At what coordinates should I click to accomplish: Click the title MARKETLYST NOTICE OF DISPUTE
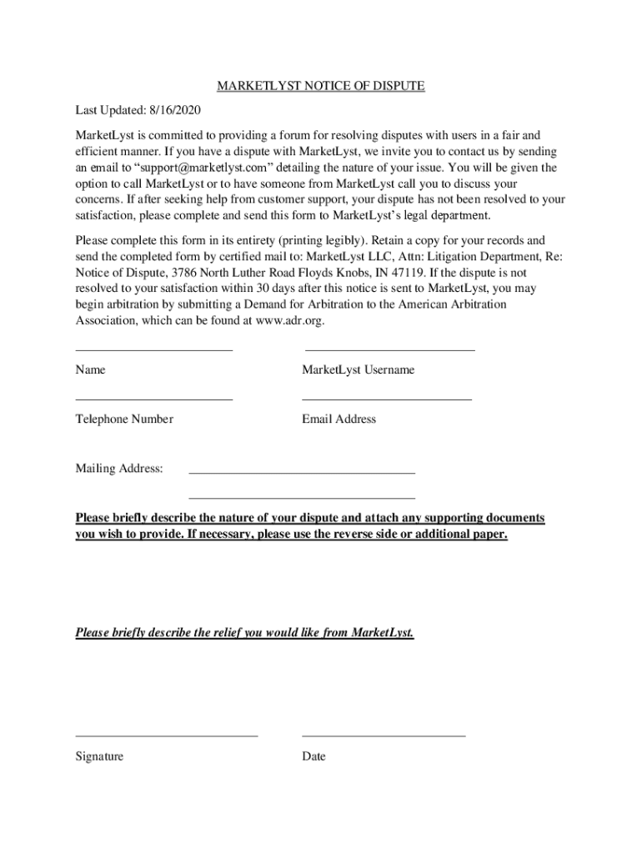321,87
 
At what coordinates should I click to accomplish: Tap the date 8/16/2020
175,111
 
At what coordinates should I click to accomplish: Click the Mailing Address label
119,469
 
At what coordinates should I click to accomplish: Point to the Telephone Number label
124,419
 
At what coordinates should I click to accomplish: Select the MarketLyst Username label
358,370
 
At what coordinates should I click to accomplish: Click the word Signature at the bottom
99,756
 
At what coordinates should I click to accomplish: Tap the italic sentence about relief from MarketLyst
244,633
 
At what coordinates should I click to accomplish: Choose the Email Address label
339,419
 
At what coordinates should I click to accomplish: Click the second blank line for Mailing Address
302,498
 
